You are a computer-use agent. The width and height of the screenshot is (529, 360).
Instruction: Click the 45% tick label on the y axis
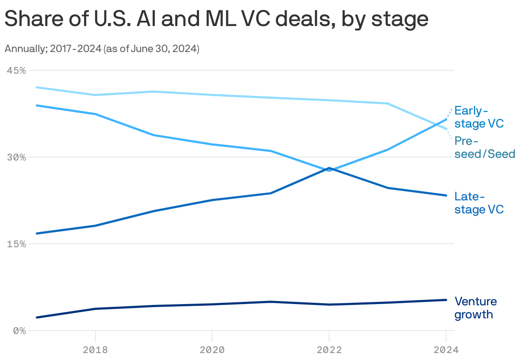pos(16,70)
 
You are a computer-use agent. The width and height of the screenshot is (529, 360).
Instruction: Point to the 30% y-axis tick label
pos(16,157)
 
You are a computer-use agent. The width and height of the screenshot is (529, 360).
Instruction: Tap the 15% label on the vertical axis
pos(16,244)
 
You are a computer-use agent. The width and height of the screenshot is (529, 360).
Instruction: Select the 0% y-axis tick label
pos(19,331)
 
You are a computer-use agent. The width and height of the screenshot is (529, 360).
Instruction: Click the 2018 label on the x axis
pos(95,350)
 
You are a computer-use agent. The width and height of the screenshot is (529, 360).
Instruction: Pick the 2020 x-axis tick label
pos(212,350)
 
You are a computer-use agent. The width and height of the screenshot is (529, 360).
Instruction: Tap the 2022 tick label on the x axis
pos(329,350)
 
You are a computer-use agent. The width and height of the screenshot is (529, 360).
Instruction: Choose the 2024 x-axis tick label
pos(446,350)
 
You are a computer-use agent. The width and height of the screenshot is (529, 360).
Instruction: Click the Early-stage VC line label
pos(479,117)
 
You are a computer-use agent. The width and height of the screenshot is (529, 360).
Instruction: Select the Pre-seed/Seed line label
pos(484,147)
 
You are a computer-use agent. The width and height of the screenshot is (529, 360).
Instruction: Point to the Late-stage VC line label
pos(479,203)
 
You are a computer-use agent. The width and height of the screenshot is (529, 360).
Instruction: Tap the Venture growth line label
pos(475,308)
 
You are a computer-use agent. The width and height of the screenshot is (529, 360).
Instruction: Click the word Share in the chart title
pos(32,19)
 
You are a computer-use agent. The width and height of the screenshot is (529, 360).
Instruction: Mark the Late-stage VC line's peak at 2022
pos(329,168)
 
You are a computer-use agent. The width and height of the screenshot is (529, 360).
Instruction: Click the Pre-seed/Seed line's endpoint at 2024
pos(446,129)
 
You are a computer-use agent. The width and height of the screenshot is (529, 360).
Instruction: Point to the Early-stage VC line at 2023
pos(388,149)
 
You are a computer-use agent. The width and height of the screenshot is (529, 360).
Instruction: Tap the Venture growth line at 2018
pos(95,309)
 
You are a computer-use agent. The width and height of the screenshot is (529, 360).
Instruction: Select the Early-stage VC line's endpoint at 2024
pos(446,119)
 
